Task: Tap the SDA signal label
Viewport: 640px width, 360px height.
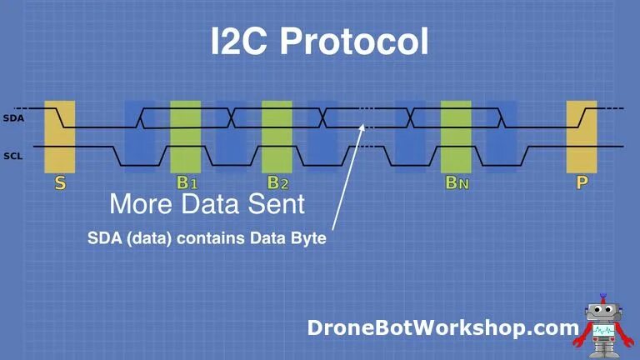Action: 13,117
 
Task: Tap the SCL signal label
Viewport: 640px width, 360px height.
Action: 13,155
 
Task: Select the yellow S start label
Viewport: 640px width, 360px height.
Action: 60,182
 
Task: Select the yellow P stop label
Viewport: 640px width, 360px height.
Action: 582,182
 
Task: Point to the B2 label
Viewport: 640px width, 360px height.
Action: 278,182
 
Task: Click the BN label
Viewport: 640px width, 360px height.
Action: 457,182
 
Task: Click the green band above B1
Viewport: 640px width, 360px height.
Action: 186,135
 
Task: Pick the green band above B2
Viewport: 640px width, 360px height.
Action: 277,135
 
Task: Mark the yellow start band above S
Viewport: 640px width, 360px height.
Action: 60,135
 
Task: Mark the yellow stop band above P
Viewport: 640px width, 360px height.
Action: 582,135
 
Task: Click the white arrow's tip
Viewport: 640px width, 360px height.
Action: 364,123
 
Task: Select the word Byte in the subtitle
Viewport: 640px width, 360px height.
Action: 304,237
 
